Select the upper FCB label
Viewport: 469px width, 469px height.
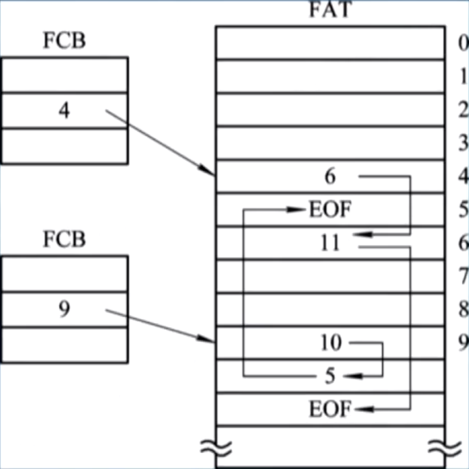click(x=64, y=41)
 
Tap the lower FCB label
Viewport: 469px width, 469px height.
click(x=64, y=239)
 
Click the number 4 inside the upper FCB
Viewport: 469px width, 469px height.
click(x=64, y=111)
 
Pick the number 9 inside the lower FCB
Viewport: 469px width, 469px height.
click(x=64, y=310)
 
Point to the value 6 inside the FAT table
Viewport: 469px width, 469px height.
click(x=330, y=177)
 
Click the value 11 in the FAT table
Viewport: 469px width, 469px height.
click(x=330, y=243)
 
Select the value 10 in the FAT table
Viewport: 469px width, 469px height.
click(x=331, y=343)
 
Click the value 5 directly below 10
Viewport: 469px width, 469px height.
click(x=330, y=376)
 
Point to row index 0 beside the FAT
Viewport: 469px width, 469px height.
click(x=462, y=43)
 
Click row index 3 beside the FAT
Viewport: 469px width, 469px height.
click(x=462, y=144)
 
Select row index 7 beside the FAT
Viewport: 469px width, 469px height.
click(x=462, y=276)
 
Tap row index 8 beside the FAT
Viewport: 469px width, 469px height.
click(x=462, y=309)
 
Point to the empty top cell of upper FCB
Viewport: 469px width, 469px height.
click(x=64, y=75)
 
